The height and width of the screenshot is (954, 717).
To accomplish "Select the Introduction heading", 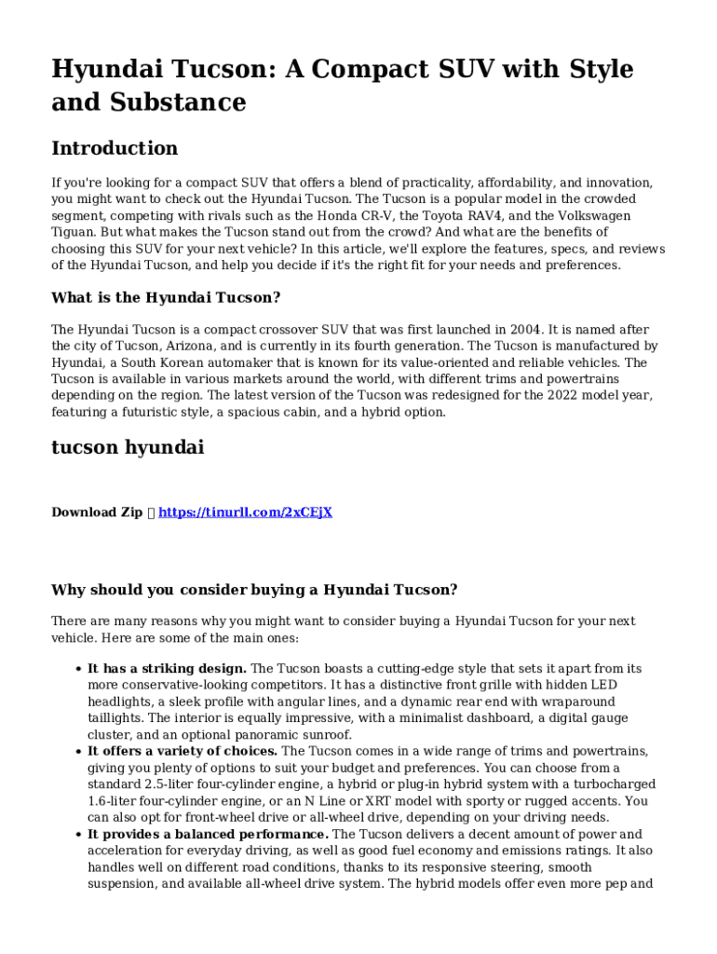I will click(x=115, y=148).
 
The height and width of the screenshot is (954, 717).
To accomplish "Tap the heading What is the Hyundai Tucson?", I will click(x=166, y=297).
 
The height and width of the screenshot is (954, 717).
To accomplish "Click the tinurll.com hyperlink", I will click(x=246, y=512).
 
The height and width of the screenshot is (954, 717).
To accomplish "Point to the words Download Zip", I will click(x=97, y=512).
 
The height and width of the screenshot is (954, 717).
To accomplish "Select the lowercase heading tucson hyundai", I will click(x=128, y=447).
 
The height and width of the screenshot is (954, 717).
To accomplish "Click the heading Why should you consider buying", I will click(x=254, y=590).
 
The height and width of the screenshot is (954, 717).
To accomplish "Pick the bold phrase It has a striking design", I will click(x=167, y=669).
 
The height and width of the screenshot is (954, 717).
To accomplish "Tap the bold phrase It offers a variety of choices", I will click(x=183, y=751).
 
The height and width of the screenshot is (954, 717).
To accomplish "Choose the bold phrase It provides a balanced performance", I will click(x=208, y=835).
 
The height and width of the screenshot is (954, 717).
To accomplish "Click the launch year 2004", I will click(x=525, y=330).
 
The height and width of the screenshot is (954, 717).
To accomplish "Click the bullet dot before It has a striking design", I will click(x=76, y=669).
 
